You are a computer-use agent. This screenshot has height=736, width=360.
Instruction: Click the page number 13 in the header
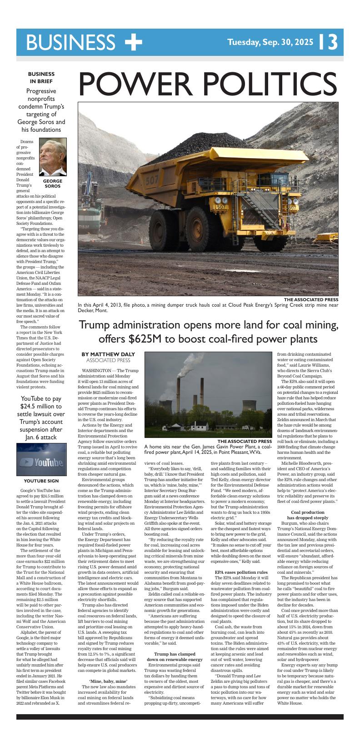(329, 42)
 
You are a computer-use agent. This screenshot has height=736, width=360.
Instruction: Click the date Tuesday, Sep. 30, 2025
(270, 43)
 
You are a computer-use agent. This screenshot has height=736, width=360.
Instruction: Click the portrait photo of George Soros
(53, 157)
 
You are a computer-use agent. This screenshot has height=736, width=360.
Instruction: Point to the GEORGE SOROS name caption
(53, 183)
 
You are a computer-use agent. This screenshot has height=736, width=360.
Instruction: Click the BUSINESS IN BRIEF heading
(41, 77)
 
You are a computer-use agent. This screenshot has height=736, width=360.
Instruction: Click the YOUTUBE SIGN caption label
(41, 481)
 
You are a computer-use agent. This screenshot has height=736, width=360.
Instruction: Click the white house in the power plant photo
(199, 426)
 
